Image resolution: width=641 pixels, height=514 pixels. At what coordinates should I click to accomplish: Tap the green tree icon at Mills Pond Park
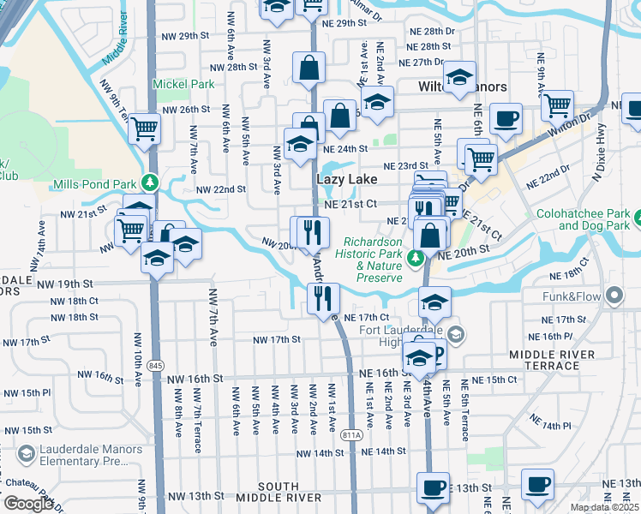(150, 183)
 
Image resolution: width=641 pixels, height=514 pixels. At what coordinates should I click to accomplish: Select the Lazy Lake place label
(346, 179)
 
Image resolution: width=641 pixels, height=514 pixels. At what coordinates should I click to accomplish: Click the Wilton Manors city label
(462, 87)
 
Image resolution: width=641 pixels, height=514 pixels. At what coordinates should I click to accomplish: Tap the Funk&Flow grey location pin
(614, 296)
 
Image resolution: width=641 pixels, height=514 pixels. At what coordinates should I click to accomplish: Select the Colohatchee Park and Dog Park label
(588, 220)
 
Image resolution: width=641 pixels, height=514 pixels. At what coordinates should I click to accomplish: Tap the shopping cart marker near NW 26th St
(145, 128)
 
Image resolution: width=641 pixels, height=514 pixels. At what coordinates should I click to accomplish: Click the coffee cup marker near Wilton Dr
(506, 118)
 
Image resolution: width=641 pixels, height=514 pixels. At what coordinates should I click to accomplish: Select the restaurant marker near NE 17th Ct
(324, 297)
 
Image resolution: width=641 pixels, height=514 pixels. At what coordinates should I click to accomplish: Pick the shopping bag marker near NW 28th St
(309, 67)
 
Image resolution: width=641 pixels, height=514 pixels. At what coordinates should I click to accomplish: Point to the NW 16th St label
(195, 379)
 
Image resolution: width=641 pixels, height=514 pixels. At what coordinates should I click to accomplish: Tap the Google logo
(28, 504)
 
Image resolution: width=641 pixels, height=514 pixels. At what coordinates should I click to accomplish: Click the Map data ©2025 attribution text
(605, 507)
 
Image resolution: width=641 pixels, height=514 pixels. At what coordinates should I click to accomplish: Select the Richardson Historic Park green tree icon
(416, 257)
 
